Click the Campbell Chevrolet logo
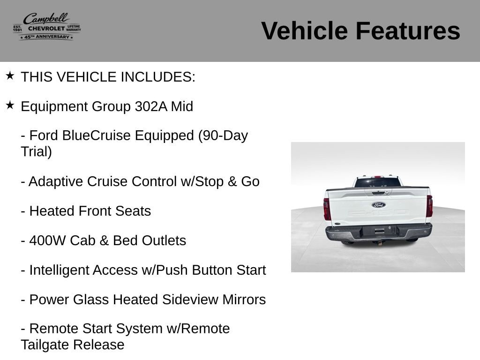tap(47, 26)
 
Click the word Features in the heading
tap(408, 30)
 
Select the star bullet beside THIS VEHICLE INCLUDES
tap(10, 75)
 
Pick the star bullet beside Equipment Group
tap(10, 105)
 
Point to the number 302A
tap(151, 106)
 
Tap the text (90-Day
tap(223, 135)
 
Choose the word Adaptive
tap(56, 182)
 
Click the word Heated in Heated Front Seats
tap(52, 211)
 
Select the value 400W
tap(47, 240)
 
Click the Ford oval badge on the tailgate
tap(379, 205)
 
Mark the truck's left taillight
tap(327, 209)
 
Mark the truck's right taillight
tap(429, 206)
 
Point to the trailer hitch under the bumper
tap(380, 243)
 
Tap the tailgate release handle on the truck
tap(378, 193)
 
